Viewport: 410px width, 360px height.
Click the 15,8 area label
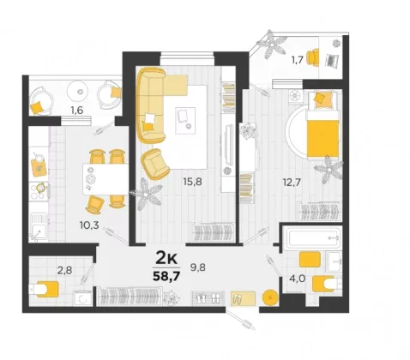click(x=192, y=182)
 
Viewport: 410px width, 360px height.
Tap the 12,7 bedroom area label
click(x=292, y=182)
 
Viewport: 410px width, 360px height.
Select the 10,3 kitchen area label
click(x=89, y=225)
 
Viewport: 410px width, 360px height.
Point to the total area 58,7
click(x=166, y=276)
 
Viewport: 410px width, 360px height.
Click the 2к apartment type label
click(x=166, y=258)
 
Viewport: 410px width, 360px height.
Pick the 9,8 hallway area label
click(x=198, y=267)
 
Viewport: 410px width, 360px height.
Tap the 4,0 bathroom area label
click(x=297, y=279)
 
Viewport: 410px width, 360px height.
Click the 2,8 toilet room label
click(x=65, y=270)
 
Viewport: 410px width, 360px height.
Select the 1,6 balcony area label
click(x=77, y=110)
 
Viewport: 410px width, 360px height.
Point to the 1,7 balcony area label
click(x=297, y=60)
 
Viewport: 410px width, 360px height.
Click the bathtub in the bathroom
click(x=314, y=237)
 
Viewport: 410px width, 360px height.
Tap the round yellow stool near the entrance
click(x=270, y=297)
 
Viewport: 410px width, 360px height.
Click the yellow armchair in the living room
click(x=155, y=164)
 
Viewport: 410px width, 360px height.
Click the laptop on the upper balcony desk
click(x=332, y=60)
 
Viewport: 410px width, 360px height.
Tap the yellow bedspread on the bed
click(x=323, y=138)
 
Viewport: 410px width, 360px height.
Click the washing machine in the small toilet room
click(x=82, y=298)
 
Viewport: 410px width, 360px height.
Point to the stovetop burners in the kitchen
click(x=39, y=191)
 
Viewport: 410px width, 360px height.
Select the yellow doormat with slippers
click(x=243, y=298)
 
